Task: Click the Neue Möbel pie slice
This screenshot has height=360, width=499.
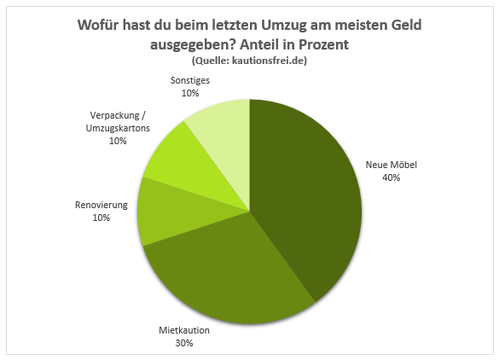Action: tap(311, 196)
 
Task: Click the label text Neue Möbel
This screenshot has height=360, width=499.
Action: tap(392, 165)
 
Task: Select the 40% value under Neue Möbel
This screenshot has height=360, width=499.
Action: tap(392, 177)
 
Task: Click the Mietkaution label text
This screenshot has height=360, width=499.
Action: tap(184, 330)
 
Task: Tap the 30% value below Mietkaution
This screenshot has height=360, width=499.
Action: tap(184, 343)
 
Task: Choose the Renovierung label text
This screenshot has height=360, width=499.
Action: tap(102, 205)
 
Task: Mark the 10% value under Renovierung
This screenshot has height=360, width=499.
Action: tap(102, 218)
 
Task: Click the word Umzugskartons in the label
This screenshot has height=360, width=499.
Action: tap(118, 128)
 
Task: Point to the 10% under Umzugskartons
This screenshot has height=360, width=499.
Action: tap(118, 141)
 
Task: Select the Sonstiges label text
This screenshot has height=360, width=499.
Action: tap(190, 79)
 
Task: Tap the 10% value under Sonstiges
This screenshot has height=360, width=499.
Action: tap(190, 92)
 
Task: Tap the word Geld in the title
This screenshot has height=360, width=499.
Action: tap(401, 26)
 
